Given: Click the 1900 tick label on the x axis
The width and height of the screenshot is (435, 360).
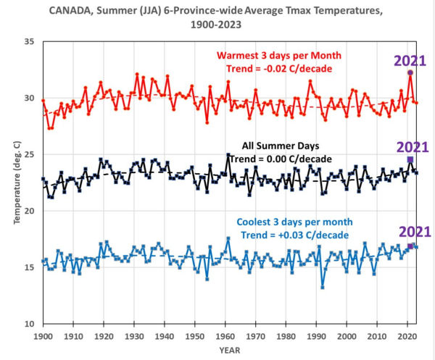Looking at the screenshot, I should click(43, 337).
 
